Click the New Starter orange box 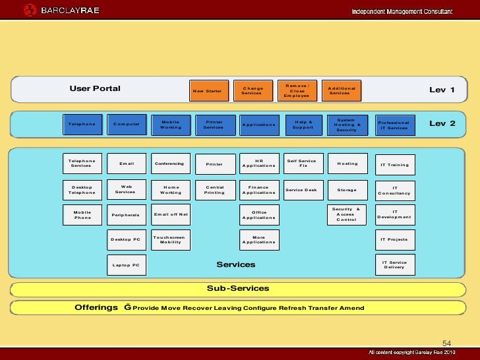(208, 90)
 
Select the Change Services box (253, 90)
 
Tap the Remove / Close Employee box (297, 90)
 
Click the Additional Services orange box (342, 90)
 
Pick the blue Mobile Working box (170, 125)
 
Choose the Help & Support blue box (303, 125)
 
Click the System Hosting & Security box (347, 125)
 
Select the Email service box (127, 164)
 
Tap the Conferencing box (170, 164)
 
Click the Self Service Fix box (303, 164)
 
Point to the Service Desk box (301, 190)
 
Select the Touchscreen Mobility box (170, 239)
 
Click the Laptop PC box (126, 265)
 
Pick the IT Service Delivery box (395, 264)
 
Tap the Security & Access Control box (347, 214)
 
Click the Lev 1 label (442, 90)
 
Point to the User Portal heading (95, 88)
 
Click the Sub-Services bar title (238, 288)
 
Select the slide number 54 (446, 344)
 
